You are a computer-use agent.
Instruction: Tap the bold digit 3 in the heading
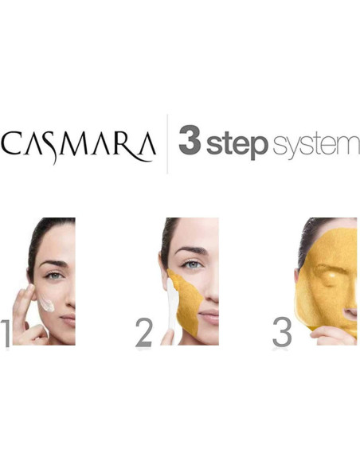pyautogui.click(x=189, y=143)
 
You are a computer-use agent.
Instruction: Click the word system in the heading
pyautogui.click(x=315, y=147)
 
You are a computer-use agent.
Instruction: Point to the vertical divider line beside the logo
pyautogui.click(x=167, y=144)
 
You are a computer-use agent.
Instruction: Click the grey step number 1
pyautogui.click(x=6, y=333)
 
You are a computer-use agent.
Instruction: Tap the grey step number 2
pyautogui.click(x=143, y=333)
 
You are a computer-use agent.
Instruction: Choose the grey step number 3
pyautogui.click(x=282, y=333)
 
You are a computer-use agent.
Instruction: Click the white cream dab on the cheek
pyautogui.click(x=48, y=304)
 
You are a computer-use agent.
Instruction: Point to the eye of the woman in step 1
pyautogui.click(x=53, y=275)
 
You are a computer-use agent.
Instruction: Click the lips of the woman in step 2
pyautogui.click(x=209, y=316)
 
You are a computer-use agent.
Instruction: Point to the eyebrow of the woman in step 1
pyautogui.click(x=51, y=264)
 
